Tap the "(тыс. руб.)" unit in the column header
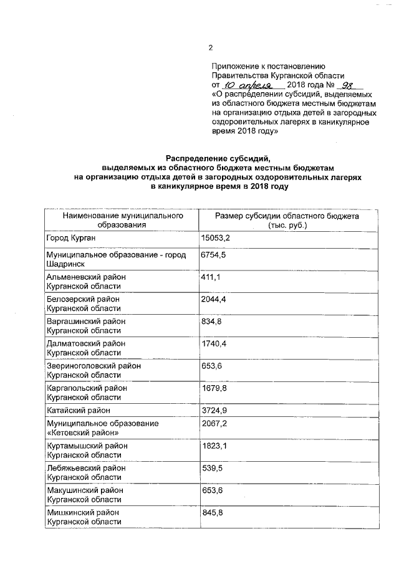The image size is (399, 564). click(x=287, y=226)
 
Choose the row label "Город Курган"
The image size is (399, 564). click(x=72, y=238)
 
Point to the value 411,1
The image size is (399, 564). click(x=211, y=277)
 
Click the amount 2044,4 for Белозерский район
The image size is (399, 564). click(x=213, y=299)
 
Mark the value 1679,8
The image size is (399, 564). click(x=213, y=388)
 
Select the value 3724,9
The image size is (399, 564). click(x=213, y=409)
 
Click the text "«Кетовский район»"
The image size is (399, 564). click(x=82, y=433)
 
